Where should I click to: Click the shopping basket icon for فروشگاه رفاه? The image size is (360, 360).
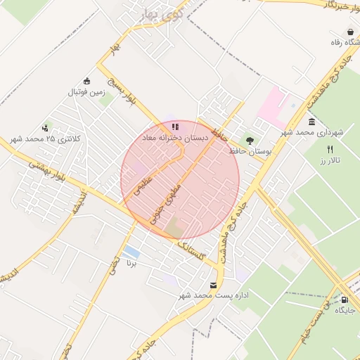350,32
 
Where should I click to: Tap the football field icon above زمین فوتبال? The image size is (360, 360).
86,80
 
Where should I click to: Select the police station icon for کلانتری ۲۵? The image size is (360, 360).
46,127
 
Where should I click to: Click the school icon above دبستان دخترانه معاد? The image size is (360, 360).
174,127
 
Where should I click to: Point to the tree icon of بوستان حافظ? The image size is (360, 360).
250,141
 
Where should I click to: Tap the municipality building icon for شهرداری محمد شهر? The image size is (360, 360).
311,122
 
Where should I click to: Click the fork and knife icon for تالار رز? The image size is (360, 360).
330,149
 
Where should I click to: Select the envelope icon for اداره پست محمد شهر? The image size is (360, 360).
213,285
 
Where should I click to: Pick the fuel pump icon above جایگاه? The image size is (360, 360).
344,298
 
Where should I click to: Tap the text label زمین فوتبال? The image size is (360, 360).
86,91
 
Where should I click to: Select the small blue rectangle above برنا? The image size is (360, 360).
130,252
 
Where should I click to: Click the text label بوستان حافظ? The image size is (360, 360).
250,152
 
